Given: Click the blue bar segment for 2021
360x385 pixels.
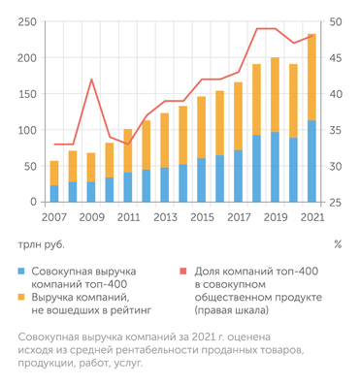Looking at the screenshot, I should [x=311, y=161].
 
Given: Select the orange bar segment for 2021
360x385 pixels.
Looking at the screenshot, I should [x=311, y=78].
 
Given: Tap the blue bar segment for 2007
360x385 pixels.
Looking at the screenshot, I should [x=54, y=193].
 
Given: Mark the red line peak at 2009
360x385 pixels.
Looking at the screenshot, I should [x=91, y=80].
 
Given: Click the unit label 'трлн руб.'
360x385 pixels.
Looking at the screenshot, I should [x=38, y=244].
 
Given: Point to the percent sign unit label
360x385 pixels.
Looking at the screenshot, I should [x=337, y=244].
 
